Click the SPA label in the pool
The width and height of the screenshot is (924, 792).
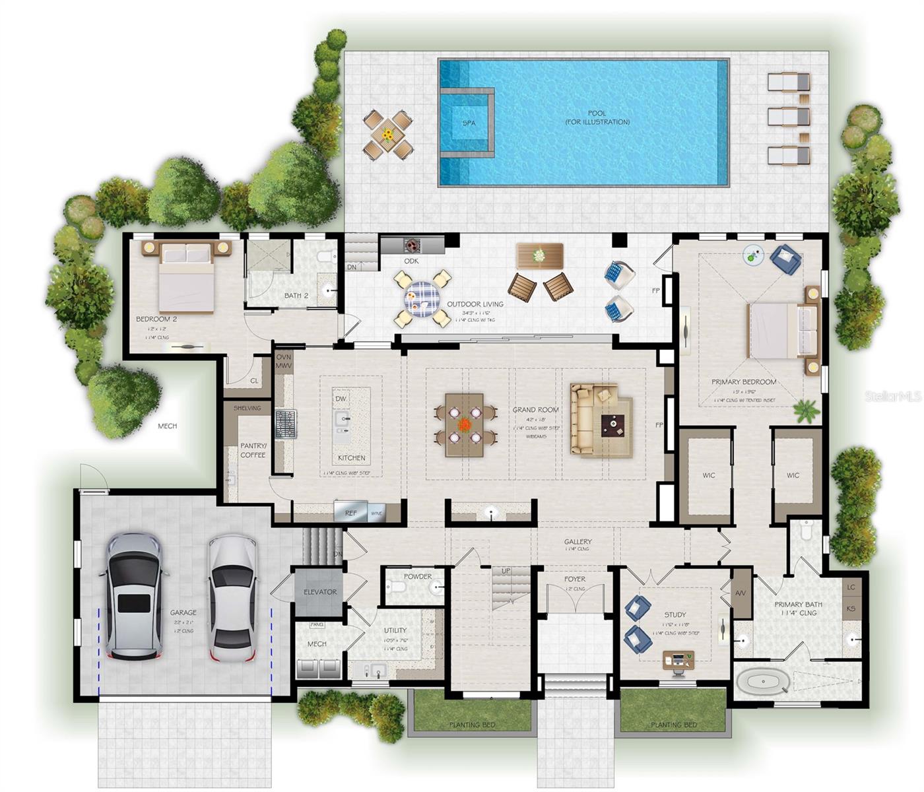[469, 123]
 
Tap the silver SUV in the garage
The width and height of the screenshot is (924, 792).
[134, 597]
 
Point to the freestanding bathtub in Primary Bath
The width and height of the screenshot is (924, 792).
[762, 682]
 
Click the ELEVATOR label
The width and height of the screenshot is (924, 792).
[320, 592]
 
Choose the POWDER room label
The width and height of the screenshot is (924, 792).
[418, 576]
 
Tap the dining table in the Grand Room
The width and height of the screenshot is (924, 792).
[465, 425]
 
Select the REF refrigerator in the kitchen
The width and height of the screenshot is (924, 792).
[351, 512]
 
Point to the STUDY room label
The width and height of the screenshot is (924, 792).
[675, 614]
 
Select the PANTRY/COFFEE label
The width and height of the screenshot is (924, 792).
[253, 450]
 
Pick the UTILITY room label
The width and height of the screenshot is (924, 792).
[395, 630]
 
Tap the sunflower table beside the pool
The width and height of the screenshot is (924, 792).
[387, 135]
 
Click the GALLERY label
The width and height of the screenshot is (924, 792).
[577, 542]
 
